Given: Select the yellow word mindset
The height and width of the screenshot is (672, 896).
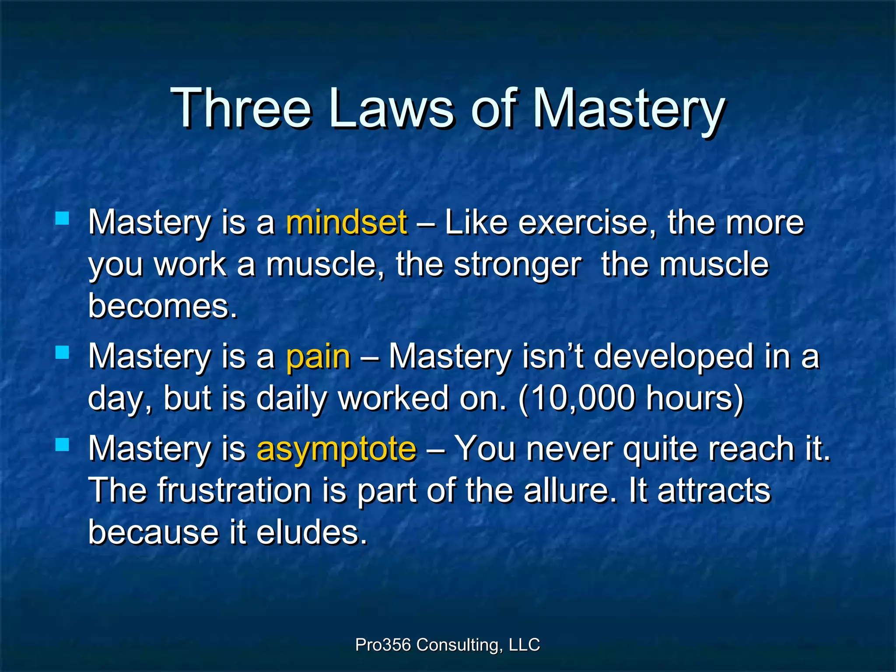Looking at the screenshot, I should tap(346, 222).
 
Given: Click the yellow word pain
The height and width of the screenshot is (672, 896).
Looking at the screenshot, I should tap(318, 357).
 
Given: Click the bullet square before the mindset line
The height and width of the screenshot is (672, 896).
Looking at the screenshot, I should tap(63, 218).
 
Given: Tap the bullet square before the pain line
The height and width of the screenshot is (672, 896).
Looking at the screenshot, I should tap(63, 352).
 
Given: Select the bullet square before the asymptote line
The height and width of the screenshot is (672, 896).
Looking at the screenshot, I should tap(63, 445).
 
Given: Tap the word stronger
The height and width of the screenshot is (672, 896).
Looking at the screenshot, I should tap(518, 265).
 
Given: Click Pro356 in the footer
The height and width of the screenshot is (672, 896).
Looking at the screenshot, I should tap(383, 644).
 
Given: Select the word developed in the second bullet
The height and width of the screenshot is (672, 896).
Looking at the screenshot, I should tap(673, 357).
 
